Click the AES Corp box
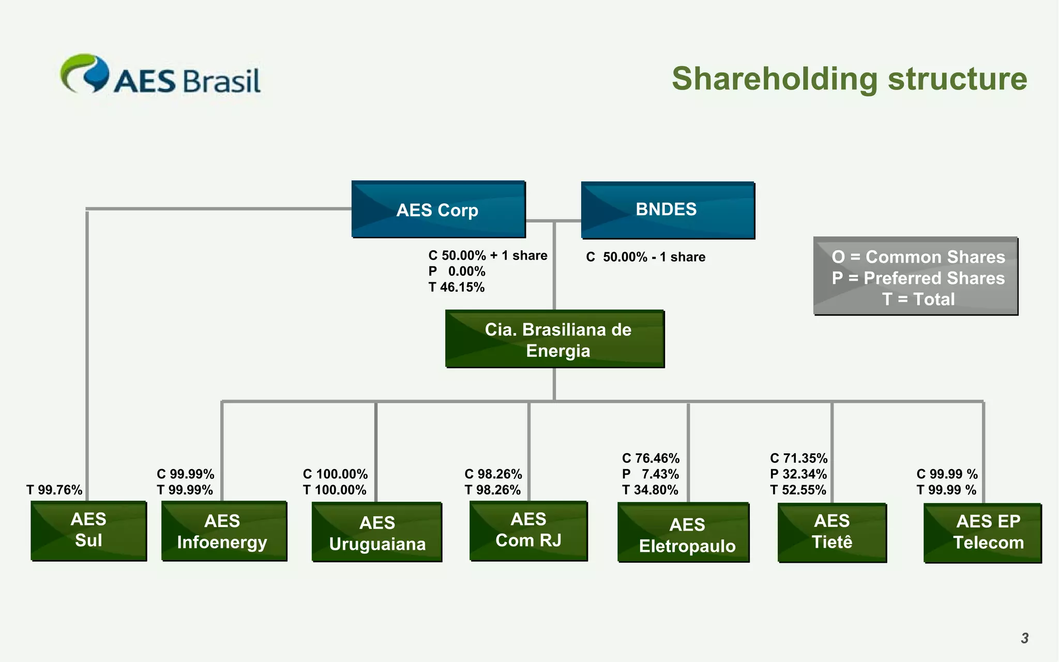pyautogui.click(x=438, y=209)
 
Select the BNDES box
pyautogui.click(x=667, y=209)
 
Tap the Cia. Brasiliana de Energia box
pyautogui.click(x=554, y=339)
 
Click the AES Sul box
pyautogui.click(x=88, y=530)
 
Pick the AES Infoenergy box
pyautogui.click(x=223, y=531)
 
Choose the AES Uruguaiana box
pyautogui.click(x=377, y=532)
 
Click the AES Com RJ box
pyautogui.click(x=528, y=530)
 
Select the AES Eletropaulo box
pyautogui.click(x=683, y=533)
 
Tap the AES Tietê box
pyautogui.click(x=831, y=532)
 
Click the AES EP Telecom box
pyautogui.click(x=982, y=532)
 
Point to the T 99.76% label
pyautogui.click(x=54, y=490)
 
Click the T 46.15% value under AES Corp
pyautogui.click(x=457, y=288)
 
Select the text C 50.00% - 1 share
pyautogui.click(x=645, y=257)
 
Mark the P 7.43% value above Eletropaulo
pyautogui.click(x=650, y=474)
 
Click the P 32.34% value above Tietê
pyautogui.click(x=798, y=474)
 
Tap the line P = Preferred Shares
pyautogui.click(x=918, y=278)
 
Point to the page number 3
pyautogui.click(x=1024, y=638)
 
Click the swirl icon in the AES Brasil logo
pyautogui.click(x=85, y=73)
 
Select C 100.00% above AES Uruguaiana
pyautogui.click(x=335, y=474)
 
